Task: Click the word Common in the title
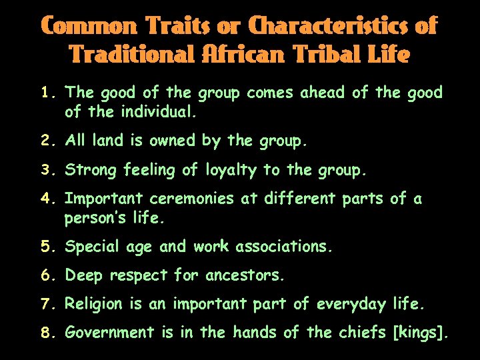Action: tap(90, 26)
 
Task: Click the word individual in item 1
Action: tap(159, 112)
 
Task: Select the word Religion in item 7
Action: tap(94, 304)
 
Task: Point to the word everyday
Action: tap(351, 304)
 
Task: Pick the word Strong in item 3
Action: tap(90, 171)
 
